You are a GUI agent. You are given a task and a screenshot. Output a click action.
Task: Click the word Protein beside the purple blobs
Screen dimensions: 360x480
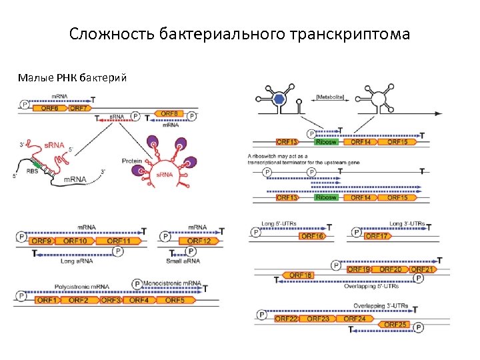[133, 161]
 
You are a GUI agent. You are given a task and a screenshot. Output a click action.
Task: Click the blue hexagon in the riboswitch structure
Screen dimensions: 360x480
[281, 98]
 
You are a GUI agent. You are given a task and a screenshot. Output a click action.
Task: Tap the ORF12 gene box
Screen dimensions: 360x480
[199, 241]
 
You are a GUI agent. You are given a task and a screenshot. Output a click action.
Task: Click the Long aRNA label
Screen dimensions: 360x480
[76, 261]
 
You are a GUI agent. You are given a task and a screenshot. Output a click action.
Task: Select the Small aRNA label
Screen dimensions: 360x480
[184, 261]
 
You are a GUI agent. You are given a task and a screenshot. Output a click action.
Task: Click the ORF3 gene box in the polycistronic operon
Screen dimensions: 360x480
[110, 300]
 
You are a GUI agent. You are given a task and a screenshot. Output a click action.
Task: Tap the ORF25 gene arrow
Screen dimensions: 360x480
[396, 325]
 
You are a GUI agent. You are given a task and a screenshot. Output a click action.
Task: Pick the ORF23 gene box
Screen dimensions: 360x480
[318, 319]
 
